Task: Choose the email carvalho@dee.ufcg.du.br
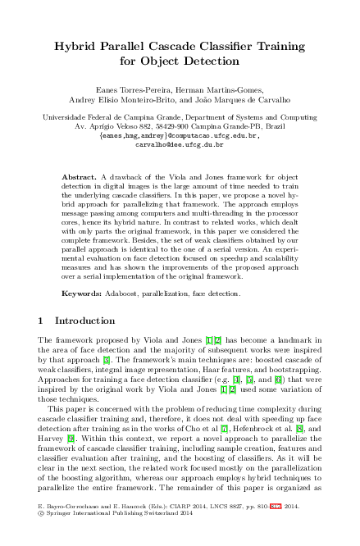click(179, 143)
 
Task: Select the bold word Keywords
click(82, 292)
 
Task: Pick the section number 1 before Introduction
click(42, 321)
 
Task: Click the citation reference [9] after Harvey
click(73, 438)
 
